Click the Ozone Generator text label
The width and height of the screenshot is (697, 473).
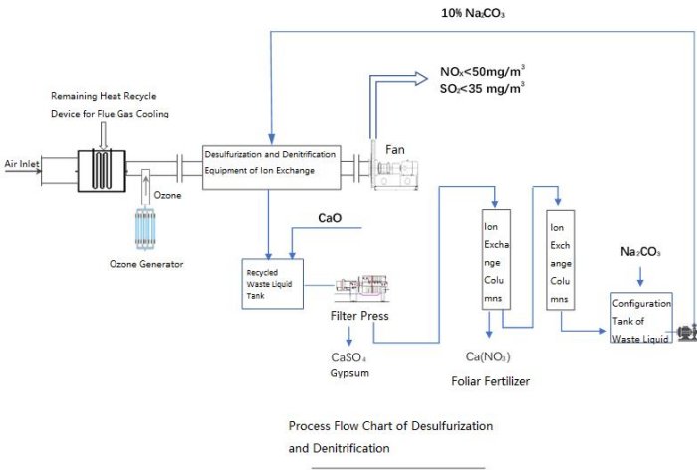pyautogui.click(x=145, y=264)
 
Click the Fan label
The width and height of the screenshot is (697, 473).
pyautogui.click(x=395, y=149)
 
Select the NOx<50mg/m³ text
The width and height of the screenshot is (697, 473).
pyautogui.click(x=483, y=72)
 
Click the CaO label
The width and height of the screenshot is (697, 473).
pyautogui.click(x=331, y=217)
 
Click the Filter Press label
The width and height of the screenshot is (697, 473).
pyautogui.click(x=359, y=316)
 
